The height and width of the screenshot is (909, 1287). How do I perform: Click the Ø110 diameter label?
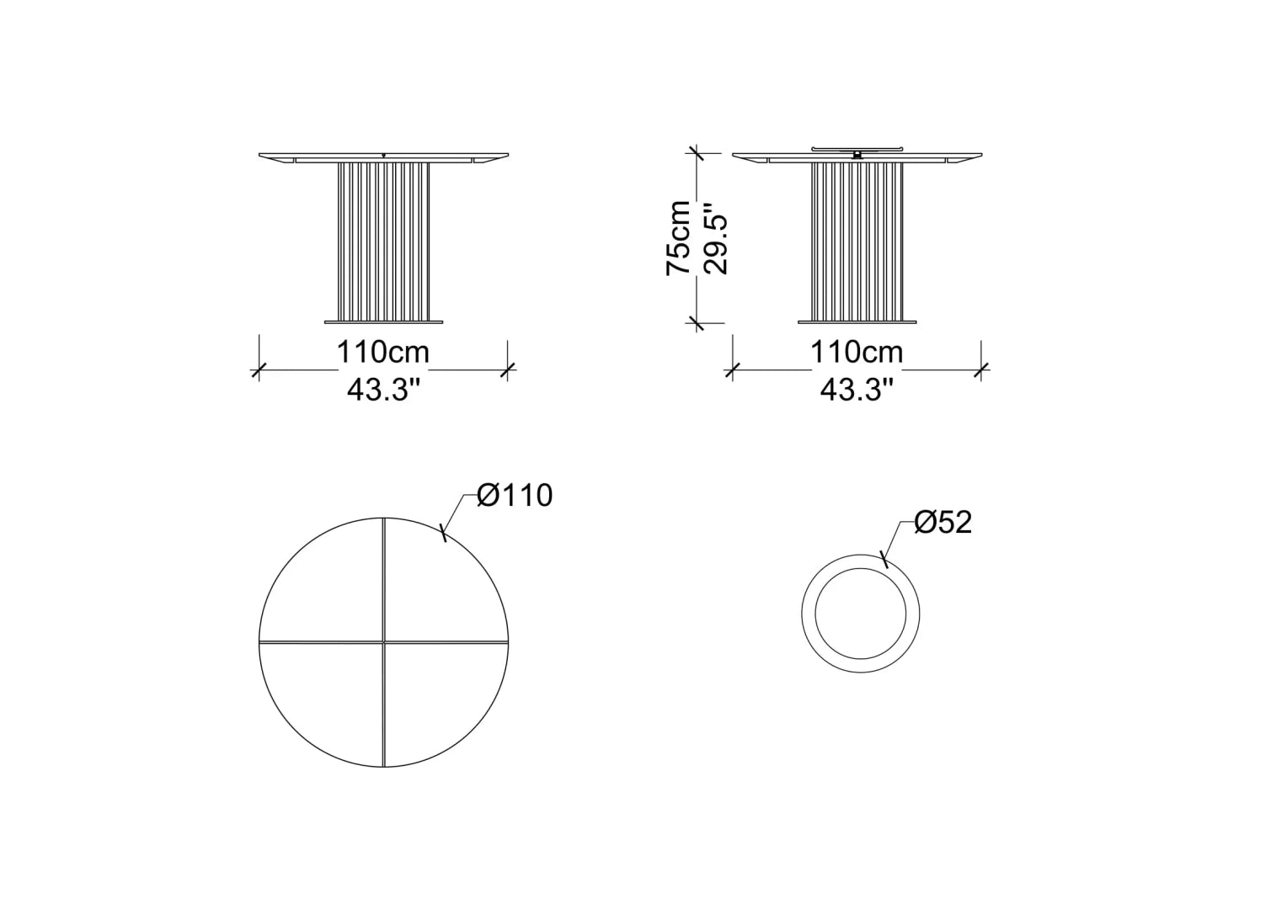pos(515,495)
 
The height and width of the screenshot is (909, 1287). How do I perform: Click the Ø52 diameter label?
pos(943,523)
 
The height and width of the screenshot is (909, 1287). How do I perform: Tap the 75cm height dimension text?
pos(678,237)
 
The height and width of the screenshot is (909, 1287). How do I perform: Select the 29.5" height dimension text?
pos(715,237)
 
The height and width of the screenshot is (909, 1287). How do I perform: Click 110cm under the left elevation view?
pos(382,352)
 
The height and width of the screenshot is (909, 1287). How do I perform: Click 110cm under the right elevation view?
pos(857,352)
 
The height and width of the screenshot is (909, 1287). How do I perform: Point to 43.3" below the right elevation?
pos(857,391)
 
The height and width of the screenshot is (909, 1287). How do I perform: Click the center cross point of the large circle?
pos(384,641)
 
